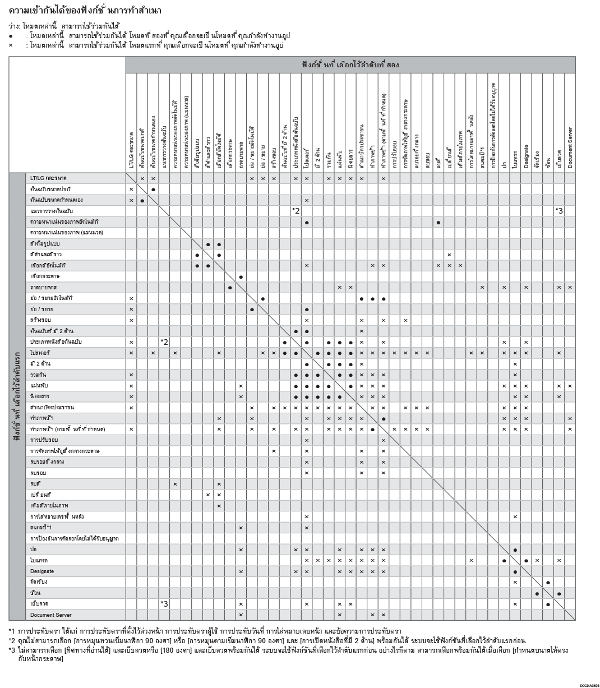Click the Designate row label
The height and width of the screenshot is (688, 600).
pos(42,571)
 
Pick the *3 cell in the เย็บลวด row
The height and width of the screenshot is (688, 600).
pos(164,604)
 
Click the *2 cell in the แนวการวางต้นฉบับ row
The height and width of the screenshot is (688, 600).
pos(296,210)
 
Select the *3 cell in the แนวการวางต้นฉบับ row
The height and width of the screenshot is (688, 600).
pos(559,210)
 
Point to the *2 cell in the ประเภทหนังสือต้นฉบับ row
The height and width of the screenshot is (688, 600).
pos(164,341)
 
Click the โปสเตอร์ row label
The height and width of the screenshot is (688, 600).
pos(40,353)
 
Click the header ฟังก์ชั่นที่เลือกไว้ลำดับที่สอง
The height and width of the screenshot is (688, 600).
pos(350,65)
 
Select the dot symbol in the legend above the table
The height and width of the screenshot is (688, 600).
pos(11,36)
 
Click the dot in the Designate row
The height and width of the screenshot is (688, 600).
pos(515,571)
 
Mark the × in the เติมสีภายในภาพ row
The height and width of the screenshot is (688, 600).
pos(219,505)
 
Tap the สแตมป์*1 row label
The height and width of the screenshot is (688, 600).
pos(40,528)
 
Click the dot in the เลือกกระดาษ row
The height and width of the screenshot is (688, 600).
pos(241,276)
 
